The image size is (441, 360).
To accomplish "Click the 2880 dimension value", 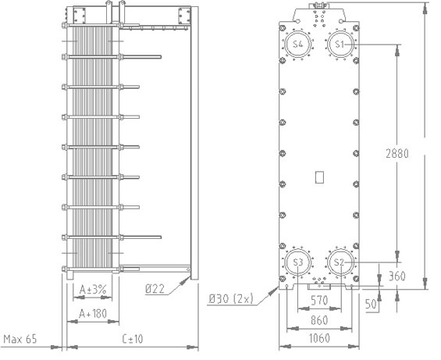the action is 397,154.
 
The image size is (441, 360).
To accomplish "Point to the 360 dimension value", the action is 397,276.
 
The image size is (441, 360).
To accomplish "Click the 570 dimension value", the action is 319,301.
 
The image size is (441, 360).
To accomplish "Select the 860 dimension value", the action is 319,320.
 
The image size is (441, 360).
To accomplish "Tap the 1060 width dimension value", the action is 319,338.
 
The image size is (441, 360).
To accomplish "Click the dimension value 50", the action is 371,304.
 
